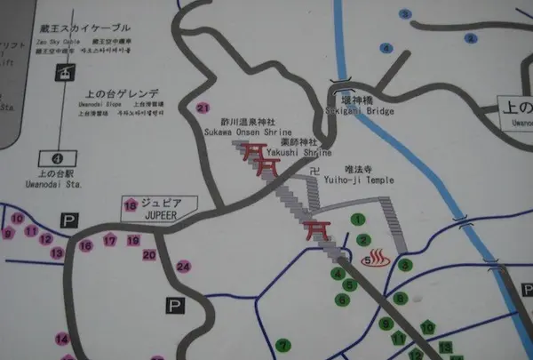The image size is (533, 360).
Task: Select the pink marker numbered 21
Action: (203, 108)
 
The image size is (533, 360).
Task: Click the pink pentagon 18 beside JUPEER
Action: (131, 207)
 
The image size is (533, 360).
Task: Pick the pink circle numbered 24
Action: (184, 266)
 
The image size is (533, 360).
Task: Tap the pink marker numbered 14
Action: (62, 339)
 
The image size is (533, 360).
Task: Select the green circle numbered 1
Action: (358, 218)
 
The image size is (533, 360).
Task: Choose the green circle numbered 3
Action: (405, 264)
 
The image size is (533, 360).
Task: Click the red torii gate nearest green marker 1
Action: (316, 230)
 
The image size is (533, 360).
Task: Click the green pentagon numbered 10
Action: (427, 327)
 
